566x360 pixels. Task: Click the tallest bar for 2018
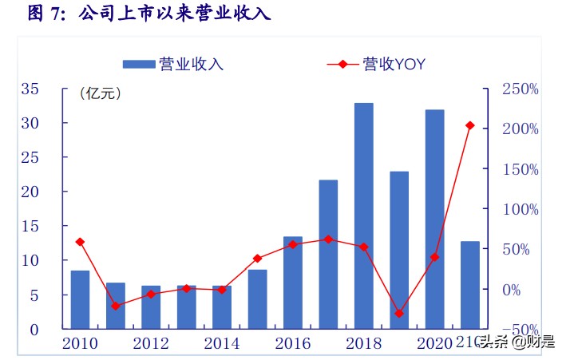(x=363, y=216)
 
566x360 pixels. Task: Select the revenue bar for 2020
(x=434, y=220)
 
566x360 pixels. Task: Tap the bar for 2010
(x=80, y=299)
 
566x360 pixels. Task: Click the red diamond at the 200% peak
(x=470, y=125)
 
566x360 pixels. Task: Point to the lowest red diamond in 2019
(x=399, y=314)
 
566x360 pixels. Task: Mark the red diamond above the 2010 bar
(x=80, y=242)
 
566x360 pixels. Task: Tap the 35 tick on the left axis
(x=30, y=89)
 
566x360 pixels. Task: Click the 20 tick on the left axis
(x=30, y=192)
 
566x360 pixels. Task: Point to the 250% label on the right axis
(x=520, y=89)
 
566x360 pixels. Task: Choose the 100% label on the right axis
(x=520, y=209)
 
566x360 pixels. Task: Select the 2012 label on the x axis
(x=150, y=343)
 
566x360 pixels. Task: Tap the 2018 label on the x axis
(x=363, y=343)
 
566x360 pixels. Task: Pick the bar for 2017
(x=328, y=254)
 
